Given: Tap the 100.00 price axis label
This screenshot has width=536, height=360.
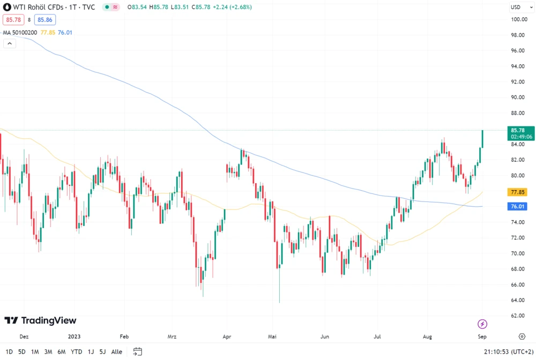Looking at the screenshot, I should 518,19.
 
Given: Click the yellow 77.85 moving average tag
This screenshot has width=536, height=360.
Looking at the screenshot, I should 518,192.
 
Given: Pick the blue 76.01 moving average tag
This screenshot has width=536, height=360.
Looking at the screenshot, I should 518,206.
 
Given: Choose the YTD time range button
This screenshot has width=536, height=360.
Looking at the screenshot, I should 77,352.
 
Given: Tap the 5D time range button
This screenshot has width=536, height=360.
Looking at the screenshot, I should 22,352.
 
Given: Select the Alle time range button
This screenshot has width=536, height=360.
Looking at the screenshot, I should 116,352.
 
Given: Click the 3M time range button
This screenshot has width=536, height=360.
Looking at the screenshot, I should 48,352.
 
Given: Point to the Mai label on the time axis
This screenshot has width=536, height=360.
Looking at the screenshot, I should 274,337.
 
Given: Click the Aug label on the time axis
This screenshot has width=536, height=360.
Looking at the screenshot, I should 427,337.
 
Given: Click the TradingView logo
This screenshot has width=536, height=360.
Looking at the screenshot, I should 41,320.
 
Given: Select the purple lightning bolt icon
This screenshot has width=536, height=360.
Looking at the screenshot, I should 482,324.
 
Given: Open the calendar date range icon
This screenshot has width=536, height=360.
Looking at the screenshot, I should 137,352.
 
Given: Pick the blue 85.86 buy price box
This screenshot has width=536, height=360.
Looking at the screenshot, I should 46,20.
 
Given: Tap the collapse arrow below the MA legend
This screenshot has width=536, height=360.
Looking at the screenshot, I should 9,43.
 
